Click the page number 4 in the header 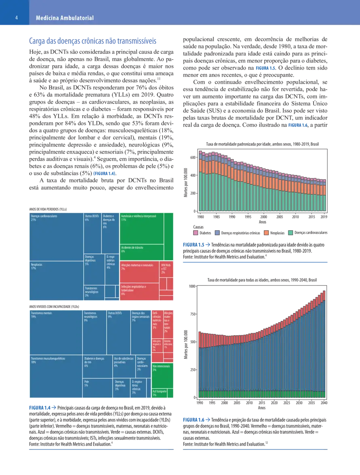point(16,18)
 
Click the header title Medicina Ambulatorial point(65,18)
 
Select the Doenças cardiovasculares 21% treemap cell point(57,237)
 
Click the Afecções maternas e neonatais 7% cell point(139,272)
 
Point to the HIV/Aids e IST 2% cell point(166,269)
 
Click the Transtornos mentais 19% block point(56,332)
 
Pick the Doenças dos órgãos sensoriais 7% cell point(140,332)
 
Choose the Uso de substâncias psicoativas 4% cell point(124,366)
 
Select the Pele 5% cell point(97,388)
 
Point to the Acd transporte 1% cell point(159,393)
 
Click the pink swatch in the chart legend point(196,233)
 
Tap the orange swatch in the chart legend point(266,233)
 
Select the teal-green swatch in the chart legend point(291,233)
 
